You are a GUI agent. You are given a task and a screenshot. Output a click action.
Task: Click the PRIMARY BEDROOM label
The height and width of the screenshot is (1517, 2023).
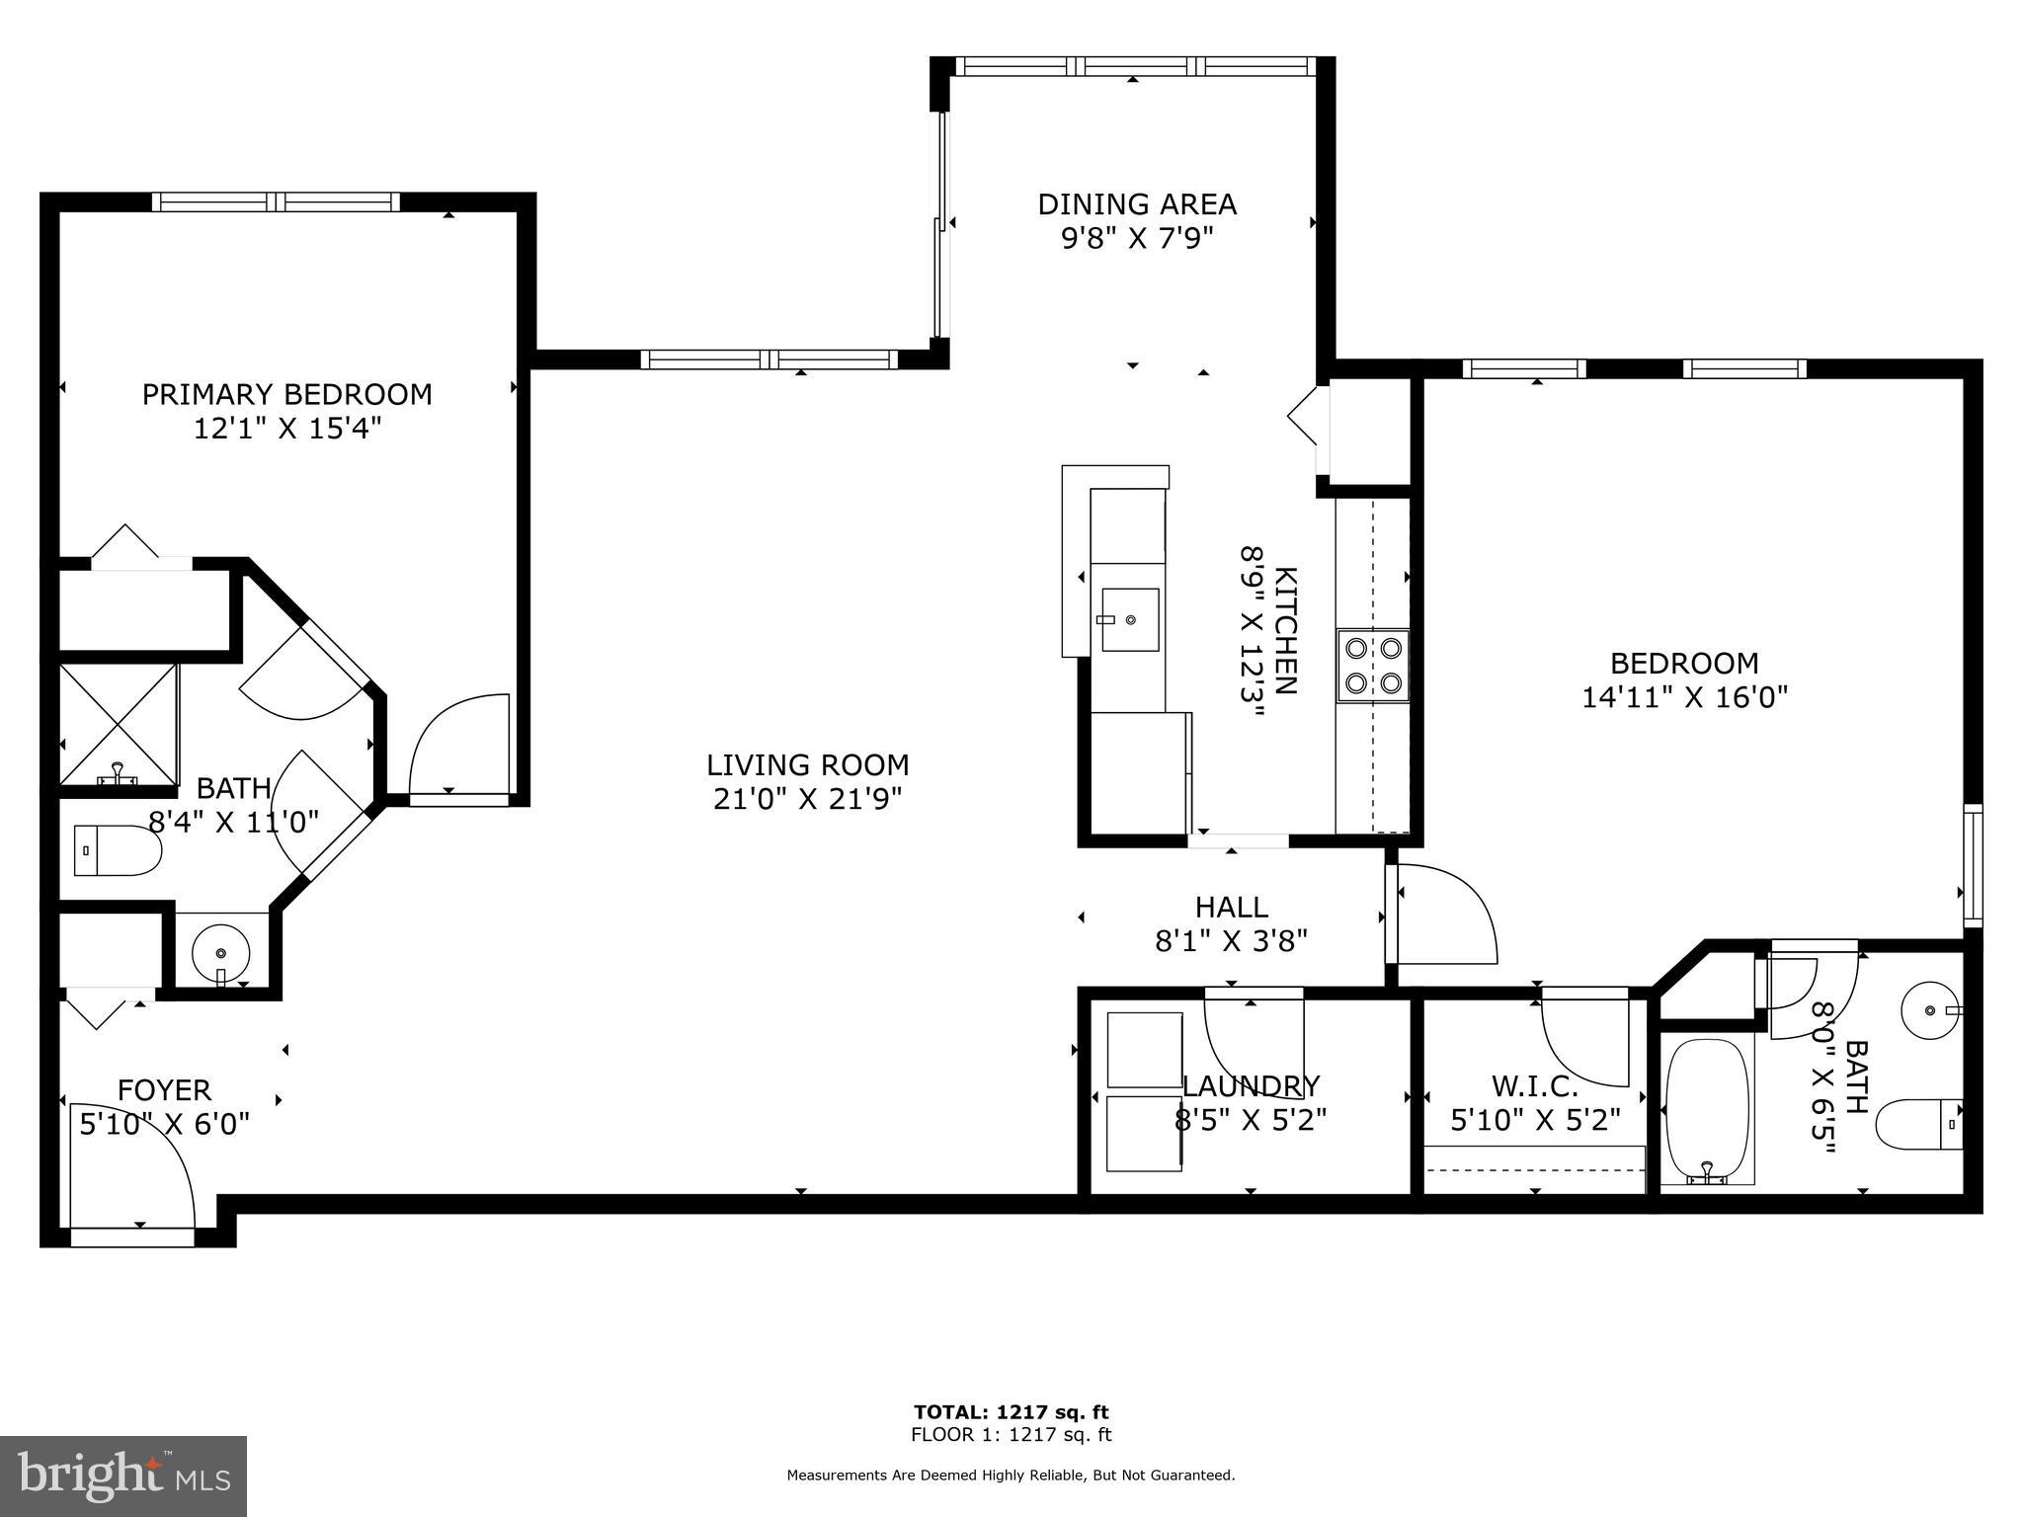pos(286,395)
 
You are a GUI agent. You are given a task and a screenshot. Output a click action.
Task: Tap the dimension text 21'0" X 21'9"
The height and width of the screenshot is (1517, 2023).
pos(807,798)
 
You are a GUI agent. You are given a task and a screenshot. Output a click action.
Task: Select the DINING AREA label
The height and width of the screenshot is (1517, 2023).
pos(1136,204)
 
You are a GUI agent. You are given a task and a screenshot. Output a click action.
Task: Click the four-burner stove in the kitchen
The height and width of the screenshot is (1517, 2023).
pos(1373,665)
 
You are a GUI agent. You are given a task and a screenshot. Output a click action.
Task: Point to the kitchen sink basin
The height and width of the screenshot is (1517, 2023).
pos(1129,620)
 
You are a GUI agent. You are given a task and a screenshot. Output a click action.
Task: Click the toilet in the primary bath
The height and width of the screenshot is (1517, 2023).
pos(118,850)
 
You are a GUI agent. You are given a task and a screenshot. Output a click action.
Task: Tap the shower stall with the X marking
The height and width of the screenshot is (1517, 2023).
pos(119,725)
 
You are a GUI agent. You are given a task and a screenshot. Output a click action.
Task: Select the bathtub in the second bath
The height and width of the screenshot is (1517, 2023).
pos(1708,1110)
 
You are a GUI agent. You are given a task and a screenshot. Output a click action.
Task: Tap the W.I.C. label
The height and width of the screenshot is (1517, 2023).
pos(1535,1086)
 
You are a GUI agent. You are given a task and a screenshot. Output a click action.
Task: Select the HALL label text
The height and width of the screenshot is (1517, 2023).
pos(1231,907)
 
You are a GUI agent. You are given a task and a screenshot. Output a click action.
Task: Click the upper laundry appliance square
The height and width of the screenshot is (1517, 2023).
pos(1145,1049)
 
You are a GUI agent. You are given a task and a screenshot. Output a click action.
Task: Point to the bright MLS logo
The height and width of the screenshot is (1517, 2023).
pos(122,1476)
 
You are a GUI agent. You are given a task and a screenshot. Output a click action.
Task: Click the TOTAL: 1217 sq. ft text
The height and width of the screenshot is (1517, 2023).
pos(1011,1411)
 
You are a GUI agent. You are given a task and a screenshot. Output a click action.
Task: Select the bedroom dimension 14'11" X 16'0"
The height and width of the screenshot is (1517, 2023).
pos(1684,697)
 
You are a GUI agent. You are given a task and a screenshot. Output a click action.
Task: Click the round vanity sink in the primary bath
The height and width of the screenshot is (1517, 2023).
pos(221,953)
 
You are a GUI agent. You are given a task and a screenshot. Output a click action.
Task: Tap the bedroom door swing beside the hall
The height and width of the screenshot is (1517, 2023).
pos(1443,914)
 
